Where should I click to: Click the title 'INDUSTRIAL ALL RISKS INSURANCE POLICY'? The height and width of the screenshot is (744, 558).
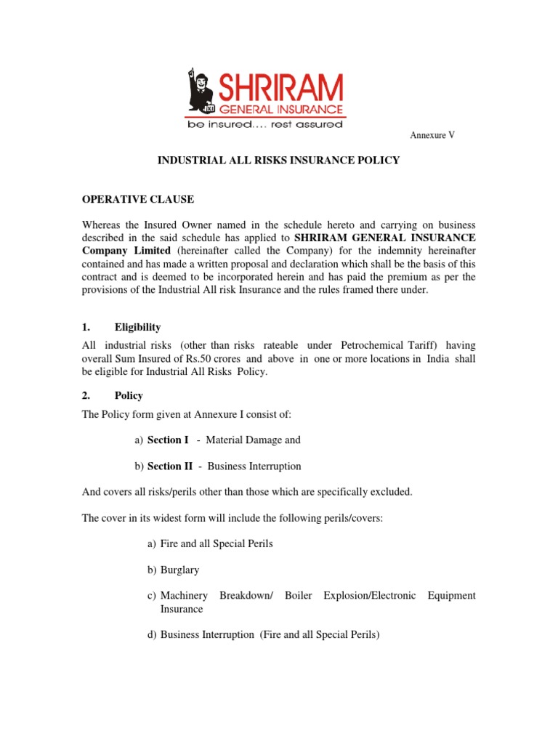pos(279,160)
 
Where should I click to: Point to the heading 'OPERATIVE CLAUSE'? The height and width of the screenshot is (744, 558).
pos(139,199)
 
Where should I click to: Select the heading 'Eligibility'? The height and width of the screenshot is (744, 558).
pos(137,328)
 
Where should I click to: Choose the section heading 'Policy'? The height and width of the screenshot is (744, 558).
pos(129,396)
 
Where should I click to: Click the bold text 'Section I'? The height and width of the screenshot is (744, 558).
pos(168,440)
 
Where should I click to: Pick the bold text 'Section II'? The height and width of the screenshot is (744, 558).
pos(170,466)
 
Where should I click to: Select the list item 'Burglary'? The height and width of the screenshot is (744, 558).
pos(179,570)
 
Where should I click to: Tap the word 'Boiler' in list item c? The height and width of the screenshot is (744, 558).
pos(299,596)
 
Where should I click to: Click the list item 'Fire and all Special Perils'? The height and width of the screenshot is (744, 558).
pos(217,544)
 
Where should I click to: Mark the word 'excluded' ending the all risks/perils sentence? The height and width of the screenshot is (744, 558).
pos(391,492)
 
